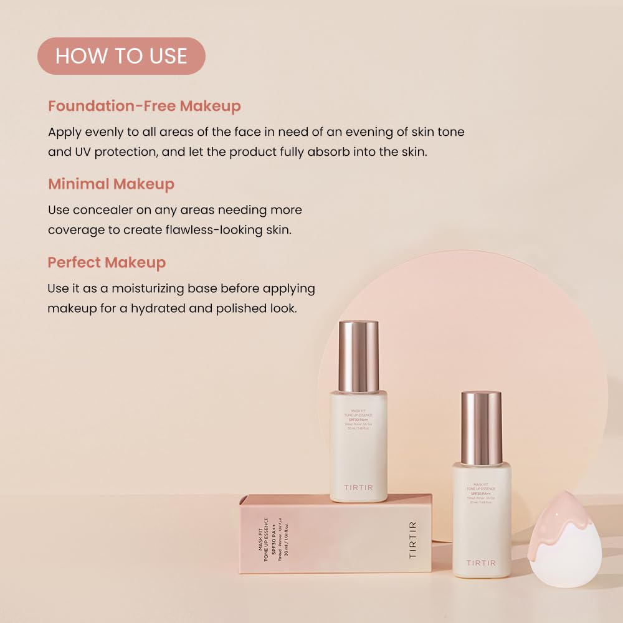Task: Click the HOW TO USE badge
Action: pos(121,56)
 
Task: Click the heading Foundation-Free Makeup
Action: pos(144,106)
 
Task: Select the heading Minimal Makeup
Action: pos(111,184)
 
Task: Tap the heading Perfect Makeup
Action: pos(107,262)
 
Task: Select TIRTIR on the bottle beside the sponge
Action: pos(482,563)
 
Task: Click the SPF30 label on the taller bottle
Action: pos(358,419)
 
